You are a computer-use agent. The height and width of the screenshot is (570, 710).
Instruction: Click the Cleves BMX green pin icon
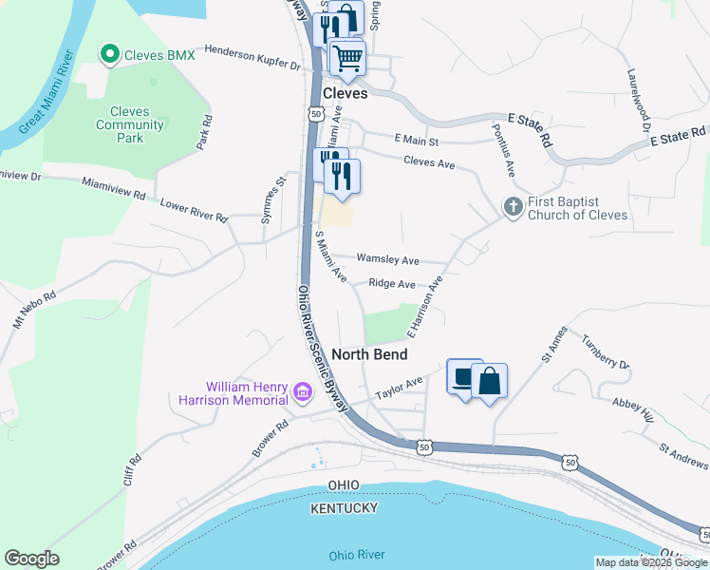(x=111, y=55)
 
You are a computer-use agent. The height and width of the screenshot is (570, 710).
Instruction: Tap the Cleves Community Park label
(x=130, y=124)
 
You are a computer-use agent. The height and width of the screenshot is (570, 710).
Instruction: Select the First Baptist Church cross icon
(x=513, y=206)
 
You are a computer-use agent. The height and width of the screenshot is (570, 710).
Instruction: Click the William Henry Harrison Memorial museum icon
(x=303, y=391)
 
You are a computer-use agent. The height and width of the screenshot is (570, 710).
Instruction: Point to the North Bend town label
(x=369, y=354)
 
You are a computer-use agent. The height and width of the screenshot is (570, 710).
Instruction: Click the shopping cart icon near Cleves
(x=347, y=57)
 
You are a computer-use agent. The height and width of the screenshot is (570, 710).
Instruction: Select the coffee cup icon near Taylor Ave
(x=463, y=378)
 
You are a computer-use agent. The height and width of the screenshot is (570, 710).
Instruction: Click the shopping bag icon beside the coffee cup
(x=489, y=381)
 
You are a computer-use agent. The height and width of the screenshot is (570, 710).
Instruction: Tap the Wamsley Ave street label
(x=387, y=259)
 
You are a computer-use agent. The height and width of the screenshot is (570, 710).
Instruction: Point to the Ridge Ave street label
(x=392, y=284)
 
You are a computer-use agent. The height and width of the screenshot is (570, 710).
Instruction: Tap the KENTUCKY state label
(x=344, y=508)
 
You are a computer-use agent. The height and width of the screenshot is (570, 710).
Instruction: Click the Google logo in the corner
(x=31, y=559)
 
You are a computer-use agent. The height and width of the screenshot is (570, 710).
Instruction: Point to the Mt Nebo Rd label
(x=35, y=310)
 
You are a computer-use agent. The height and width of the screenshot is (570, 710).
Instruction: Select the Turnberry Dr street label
(x=605, y=352)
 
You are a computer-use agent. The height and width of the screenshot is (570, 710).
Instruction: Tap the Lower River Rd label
(x=194, y=211)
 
